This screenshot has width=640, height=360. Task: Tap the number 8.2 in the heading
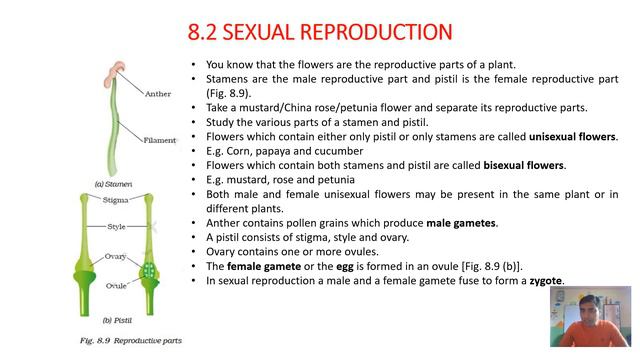pos(204,33)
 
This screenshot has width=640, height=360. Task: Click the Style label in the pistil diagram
pos(117,227)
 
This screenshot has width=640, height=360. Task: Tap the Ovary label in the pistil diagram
pos(116,257)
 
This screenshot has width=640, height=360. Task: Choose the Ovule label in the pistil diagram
pos(117,283)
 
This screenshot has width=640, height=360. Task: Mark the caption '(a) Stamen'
pos(114,185)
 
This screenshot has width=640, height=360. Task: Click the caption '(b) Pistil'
pos(111,320)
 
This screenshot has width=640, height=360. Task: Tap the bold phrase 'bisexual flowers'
pos(519,165)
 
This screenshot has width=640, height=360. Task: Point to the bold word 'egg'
pos(323,267)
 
